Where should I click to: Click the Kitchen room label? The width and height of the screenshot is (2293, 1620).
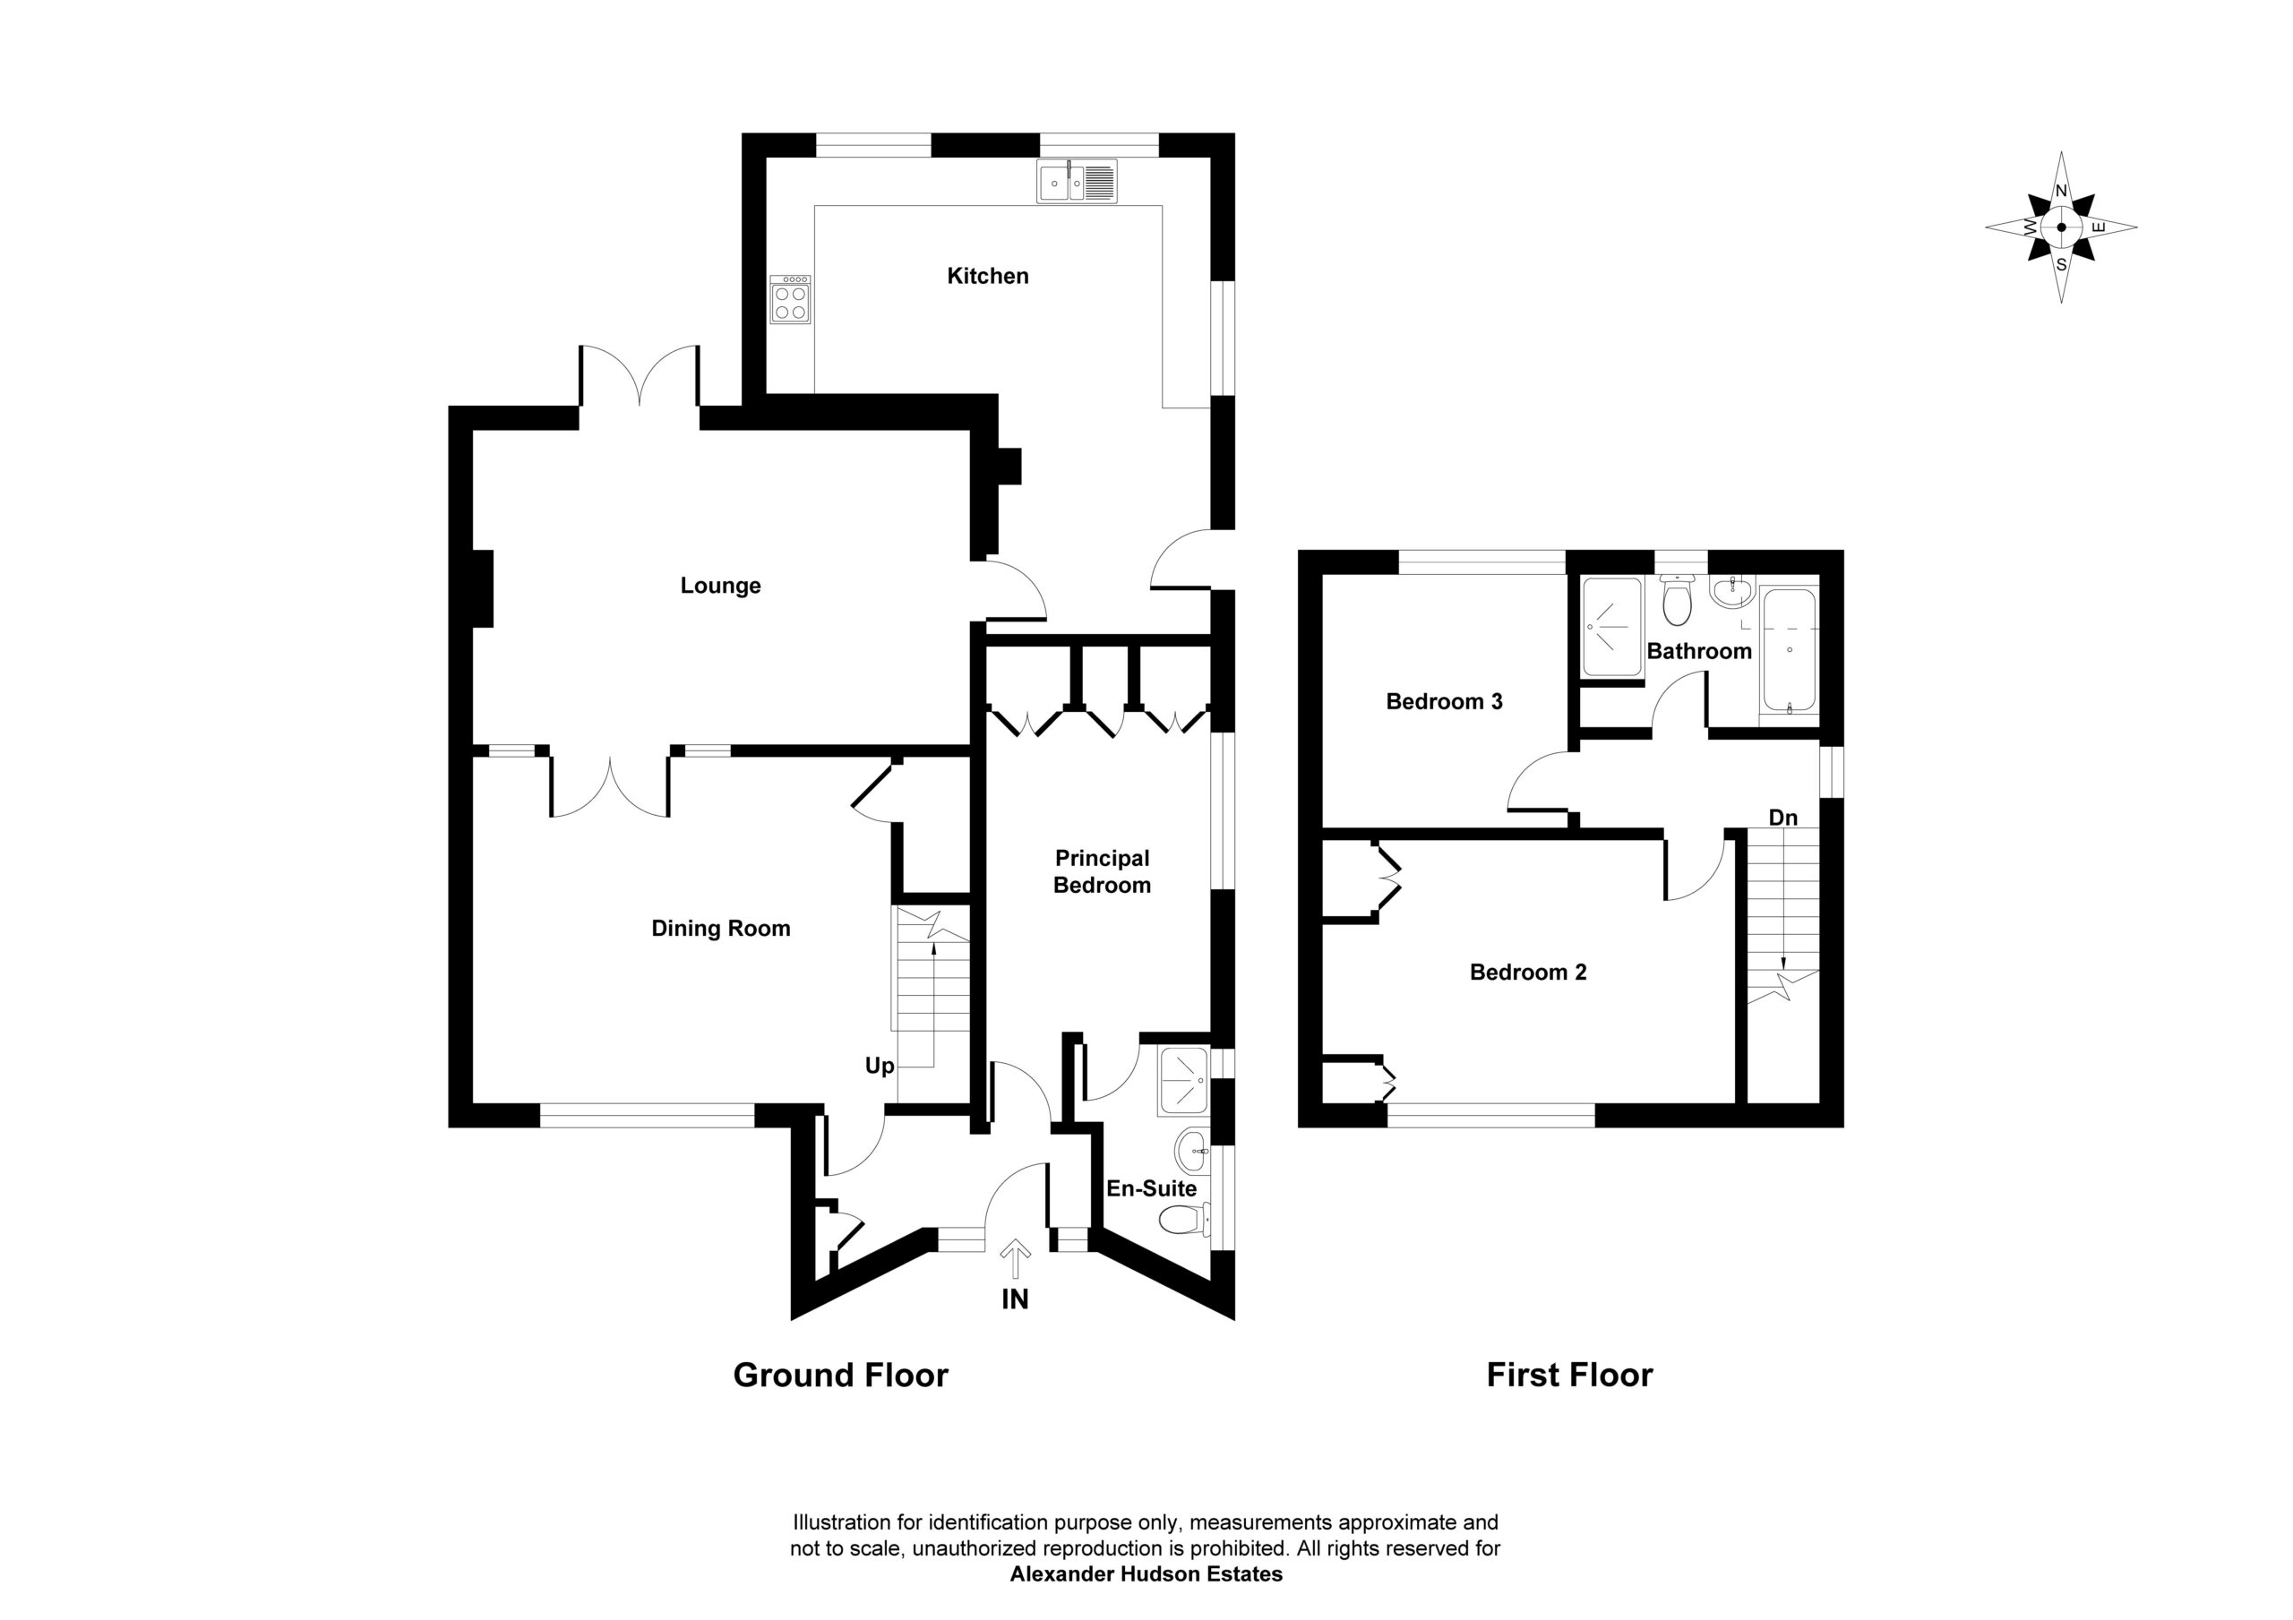point(988,276)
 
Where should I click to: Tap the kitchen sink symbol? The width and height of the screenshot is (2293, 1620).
point(1077,183)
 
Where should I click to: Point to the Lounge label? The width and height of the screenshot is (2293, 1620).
point(720,586)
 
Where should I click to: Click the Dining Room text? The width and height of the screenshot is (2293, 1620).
point(720,929)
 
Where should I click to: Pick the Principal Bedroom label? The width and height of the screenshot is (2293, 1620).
point(1102,872)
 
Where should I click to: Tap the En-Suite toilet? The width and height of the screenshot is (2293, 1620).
point(1185,1219)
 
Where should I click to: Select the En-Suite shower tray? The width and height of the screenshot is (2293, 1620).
point(1183,1081)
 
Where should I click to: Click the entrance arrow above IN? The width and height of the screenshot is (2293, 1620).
point(1016,1258)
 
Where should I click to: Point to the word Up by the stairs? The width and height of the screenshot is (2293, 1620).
point(879,1067)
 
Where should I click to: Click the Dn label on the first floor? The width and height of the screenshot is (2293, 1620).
point(1782,818)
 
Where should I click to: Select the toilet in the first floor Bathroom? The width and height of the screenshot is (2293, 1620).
point(1676,599)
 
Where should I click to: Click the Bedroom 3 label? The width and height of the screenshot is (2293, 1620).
point(1444,702)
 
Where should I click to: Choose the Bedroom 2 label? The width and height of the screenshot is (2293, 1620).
point(1528,973)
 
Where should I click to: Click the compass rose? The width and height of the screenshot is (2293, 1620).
point(2061,227)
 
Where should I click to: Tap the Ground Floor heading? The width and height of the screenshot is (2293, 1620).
point(841,1376)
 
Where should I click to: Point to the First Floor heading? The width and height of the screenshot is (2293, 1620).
point(1570,1376)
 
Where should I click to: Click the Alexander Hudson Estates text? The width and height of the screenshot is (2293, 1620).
point(1146,1575)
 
